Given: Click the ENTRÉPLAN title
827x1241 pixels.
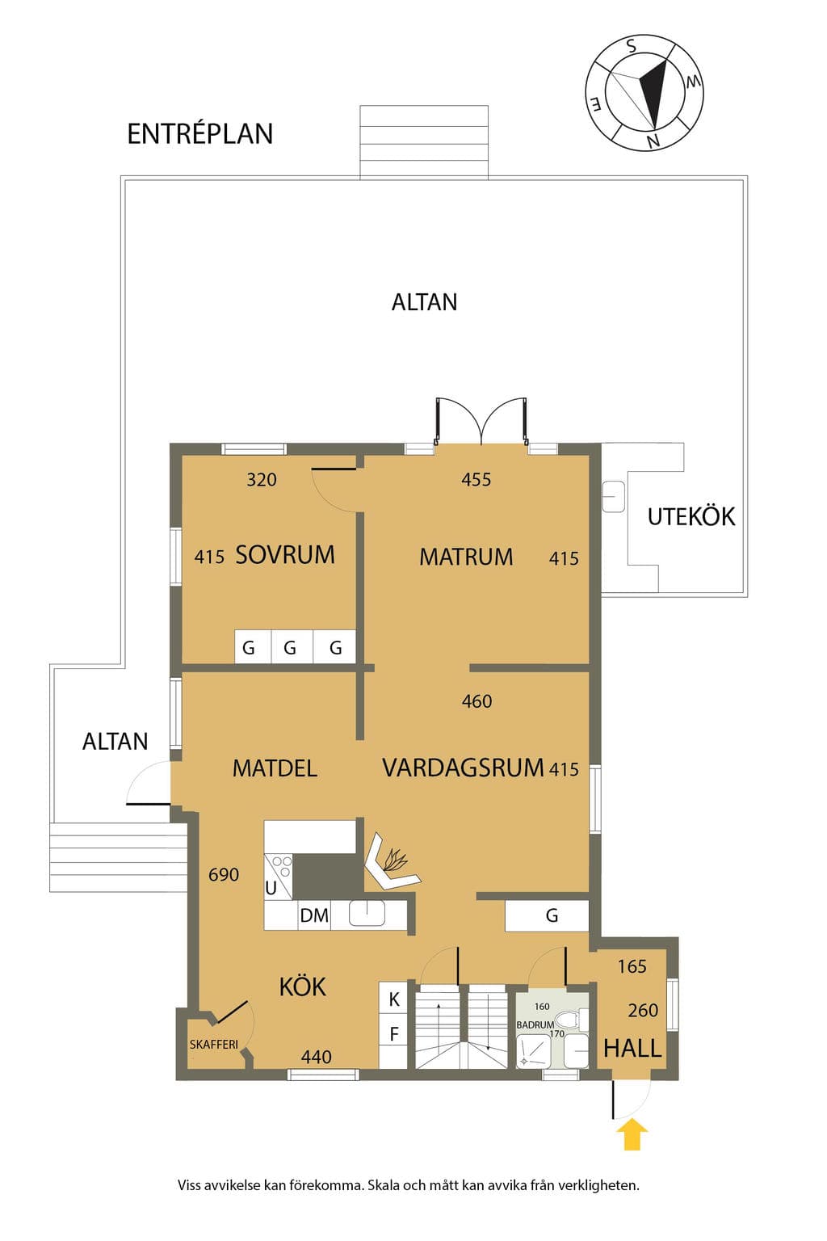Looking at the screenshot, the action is (x=200, y=134).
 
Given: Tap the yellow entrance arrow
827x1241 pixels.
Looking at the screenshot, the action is (x=632, y=1134).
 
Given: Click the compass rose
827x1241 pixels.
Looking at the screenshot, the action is (x=644, y=93).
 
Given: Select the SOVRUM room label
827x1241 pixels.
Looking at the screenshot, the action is (x=285, y=554).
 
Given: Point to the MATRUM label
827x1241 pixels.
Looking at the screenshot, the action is (x=466, y=557).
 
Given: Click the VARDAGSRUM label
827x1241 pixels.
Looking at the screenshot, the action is (x=463, y=768).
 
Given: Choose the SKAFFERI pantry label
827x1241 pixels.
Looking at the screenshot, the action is (x=214, y=1045).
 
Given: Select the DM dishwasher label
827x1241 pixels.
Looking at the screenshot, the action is (x=314, y=915).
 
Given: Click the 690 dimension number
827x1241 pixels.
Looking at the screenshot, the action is (x=224, y=875).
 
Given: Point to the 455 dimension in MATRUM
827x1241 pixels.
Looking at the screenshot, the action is (x=476, y=479).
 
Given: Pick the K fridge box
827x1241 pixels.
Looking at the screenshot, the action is (x=394, y=999).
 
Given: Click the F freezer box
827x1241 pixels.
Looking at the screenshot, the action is (x=394, y=1034).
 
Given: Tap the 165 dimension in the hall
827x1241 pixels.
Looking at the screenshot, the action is (x=632, y=966).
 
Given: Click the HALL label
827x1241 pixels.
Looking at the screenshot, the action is (x=632, y=1048).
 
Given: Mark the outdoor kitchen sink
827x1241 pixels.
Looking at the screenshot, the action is (x=614, y=496).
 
